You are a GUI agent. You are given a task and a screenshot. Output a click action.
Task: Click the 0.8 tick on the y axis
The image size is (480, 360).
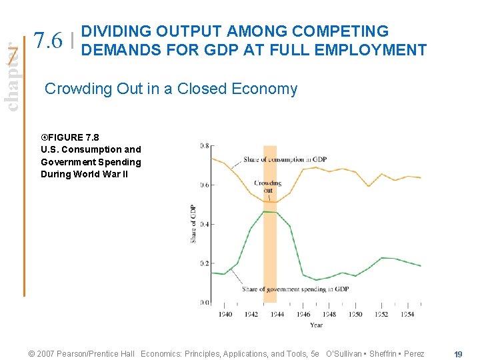tap(203, 145)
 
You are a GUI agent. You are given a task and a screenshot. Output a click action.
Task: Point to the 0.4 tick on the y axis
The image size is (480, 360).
tap(203, 224)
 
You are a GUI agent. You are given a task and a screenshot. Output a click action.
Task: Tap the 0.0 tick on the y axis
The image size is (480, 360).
tap(203, 302)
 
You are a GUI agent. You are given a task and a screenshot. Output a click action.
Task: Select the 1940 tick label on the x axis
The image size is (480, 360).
tap(225, 314)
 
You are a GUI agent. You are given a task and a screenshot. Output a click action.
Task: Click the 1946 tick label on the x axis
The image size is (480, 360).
tap(303, 314)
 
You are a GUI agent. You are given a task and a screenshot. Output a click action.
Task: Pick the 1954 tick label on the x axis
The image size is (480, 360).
tap(407, 314)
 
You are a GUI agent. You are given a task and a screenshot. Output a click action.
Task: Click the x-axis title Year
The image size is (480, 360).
tap(316, 325)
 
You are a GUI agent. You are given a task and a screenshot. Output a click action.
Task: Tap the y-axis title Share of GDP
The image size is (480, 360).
tap(193, 223)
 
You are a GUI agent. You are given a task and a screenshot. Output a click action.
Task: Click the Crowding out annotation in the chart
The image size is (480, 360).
tap(267, 187)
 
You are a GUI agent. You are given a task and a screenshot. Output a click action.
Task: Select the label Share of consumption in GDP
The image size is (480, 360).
tap(285, 159)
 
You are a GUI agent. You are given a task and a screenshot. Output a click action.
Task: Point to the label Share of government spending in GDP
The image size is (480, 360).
tap(295, 289)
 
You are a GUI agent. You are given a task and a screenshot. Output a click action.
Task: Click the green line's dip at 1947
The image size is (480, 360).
tap(317, 279)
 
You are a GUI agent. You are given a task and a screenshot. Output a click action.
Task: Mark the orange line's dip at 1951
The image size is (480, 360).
tap(368, 186)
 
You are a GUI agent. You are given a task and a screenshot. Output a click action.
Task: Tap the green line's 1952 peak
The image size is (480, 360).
tap(381, 257)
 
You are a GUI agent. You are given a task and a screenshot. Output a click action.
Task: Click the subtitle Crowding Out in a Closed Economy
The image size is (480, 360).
tap(171, 89)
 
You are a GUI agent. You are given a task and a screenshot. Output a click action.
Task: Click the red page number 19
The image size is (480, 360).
tap(458, 354)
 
